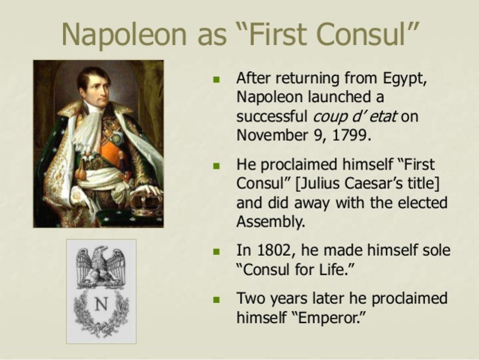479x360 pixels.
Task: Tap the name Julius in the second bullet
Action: (322, 183)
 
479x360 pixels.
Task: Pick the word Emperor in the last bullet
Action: (329, 318)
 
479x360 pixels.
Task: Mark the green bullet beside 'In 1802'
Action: (217, 252)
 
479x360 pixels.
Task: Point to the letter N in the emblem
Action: (101, 304)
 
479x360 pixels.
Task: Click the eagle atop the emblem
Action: (101, 266)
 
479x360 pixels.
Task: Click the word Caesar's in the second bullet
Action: (382, 183)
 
